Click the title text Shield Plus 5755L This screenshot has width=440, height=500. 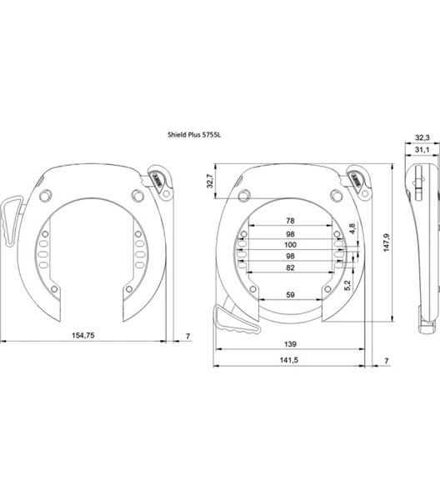coord(194,135)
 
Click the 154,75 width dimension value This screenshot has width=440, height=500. coord(82,336)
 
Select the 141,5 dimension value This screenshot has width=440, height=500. coord(289,360)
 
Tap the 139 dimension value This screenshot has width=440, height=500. coord(290,344)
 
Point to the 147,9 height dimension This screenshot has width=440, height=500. coord(387,242)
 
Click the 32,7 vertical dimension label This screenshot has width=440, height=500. coord(210,181)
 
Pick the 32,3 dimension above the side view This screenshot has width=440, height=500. coord(422,137)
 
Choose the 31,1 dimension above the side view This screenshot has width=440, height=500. coord(422,149)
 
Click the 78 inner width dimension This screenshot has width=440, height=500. coord(290,221)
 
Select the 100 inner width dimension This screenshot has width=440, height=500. coord(290,245)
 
